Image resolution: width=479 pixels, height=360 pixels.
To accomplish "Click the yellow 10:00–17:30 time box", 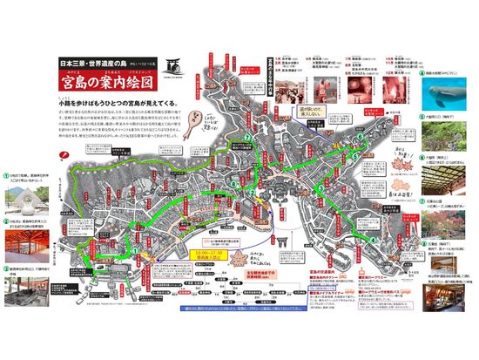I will (203, 257).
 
